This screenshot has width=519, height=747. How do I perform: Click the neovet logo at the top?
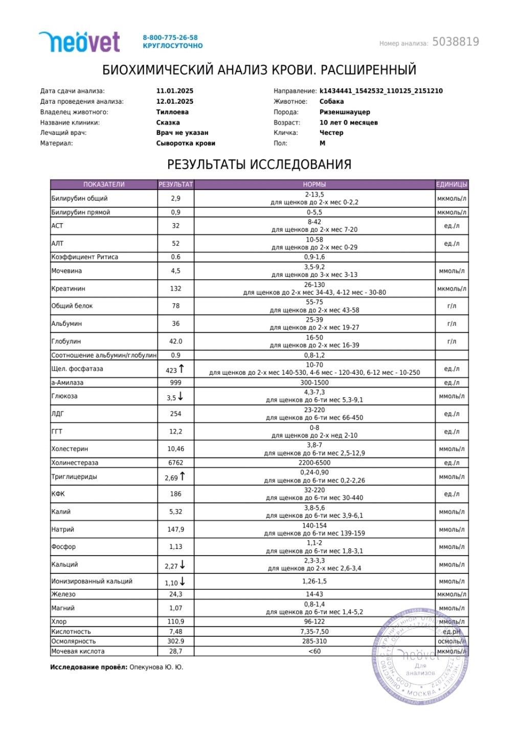79,42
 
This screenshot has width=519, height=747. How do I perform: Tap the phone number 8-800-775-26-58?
170,37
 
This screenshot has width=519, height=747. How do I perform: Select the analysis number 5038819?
456,42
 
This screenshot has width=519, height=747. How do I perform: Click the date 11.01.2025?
175,91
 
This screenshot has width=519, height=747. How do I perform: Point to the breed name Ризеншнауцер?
345,112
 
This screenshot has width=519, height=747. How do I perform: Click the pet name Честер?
331,133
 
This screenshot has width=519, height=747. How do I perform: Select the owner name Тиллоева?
172,112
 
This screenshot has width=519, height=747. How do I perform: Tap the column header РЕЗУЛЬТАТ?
176,184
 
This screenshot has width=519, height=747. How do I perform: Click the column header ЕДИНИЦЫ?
452,184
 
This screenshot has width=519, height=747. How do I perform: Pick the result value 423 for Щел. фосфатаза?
171,370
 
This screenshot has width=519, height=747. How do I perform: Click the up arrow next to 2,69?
183,476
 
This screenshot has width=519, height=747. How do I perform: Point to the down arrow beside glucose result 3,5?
180,396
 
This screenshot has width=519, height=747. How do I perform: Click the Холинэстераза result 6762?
175,463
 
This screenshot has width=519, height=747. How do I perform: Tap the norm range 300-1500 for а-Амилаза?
314,382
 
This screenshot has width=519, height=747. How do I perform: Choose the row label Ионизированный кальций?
92,581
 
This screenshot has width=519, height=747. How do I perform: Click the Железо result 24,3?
175,594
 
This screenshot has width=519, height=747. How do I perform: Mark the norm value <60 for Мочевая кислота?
314,651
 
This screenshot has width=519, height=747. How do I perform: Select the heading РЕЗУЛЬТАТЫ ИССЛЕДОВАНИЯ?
259,164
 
